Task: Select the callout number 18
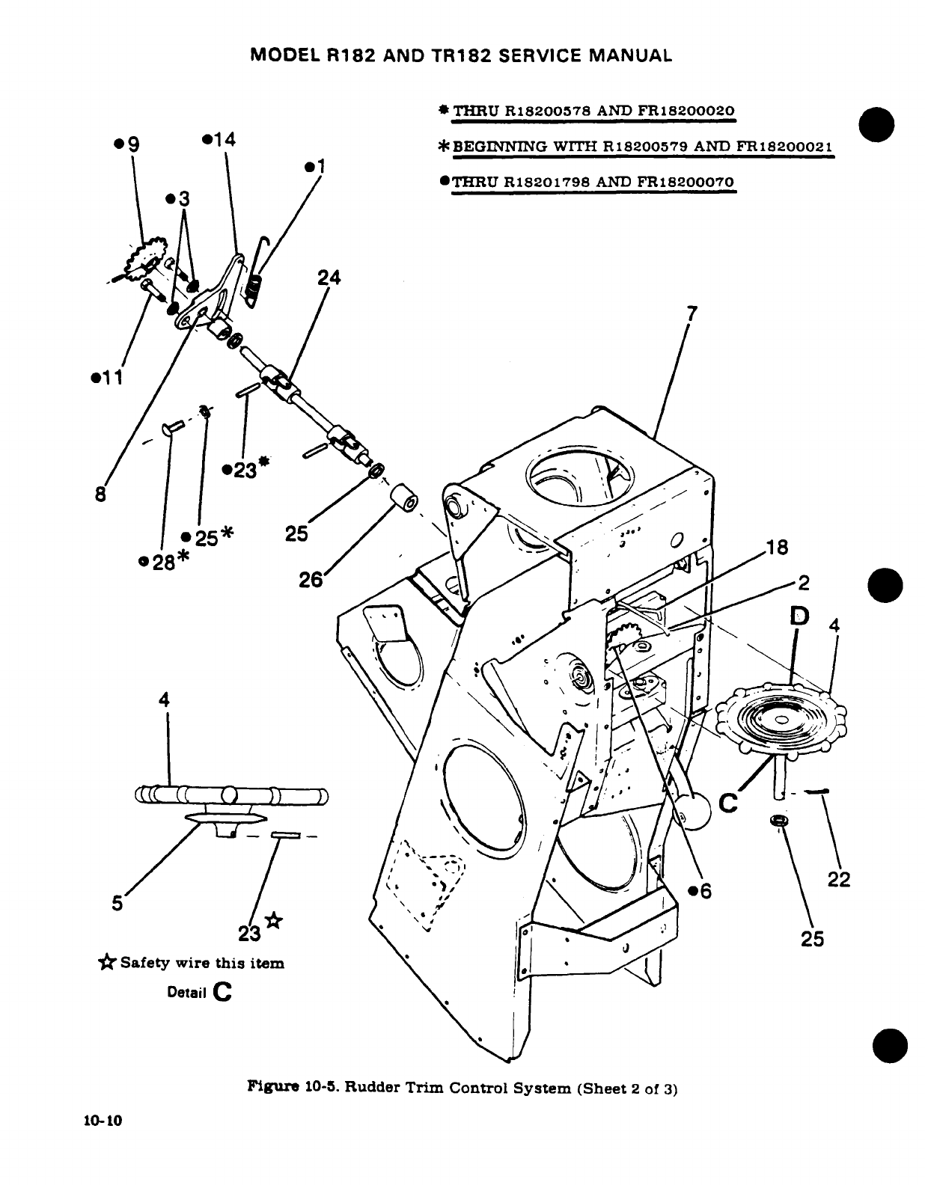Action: [778, 547]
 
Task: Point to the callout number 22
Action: [839, 881]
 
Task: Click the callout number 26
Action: [311, 580]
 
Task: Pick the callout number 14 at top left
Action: [222, 140]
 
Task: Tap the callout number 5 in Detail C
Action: [117, 903]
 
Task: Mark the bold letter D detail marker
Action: [799, 616]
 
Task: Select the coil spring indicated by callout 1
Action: [255, 287]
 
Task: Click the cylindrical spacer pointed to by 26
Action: [402, 498]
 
